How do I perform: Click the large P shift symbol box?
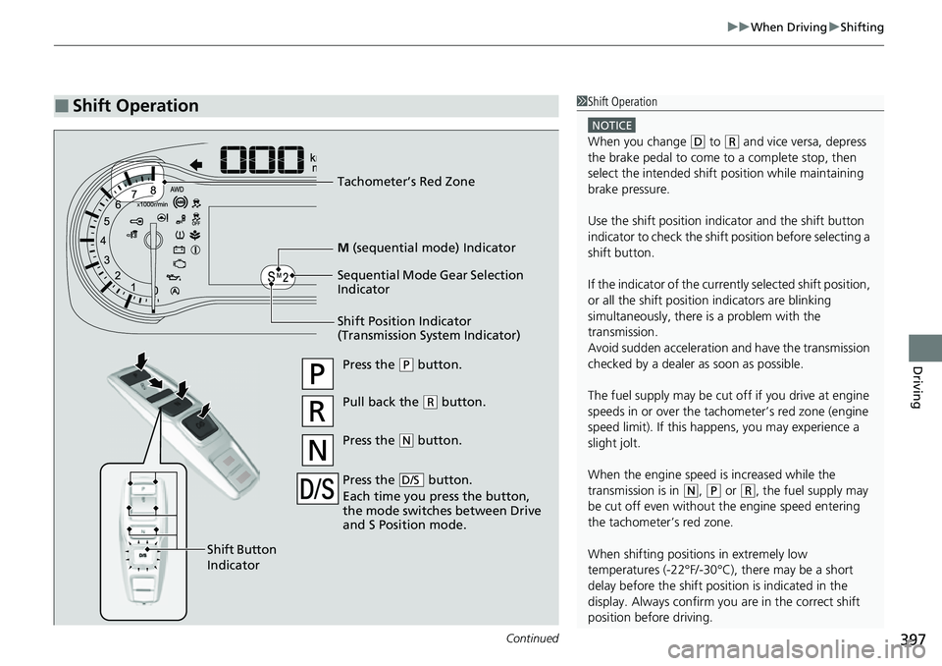point(318,377)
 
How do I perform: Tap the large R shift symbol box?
point(318,414)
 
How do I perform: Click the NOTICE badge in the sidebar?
point(611,125)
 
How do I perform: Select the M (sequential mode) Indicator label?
point(426,247)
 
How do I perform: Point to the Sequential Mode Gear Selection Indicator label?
point(430,282)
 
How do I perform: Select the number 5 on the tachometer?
point(106,222)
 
